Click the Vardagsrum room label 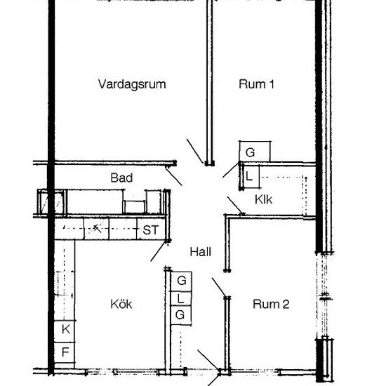(x=132, y=84)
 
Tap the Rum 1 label (x=256, y=84)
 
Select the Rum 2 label (x=271, y=304)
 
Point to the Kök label (x=121, y=304)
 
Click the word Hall (x=201, y=252)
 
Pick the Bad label (x=121, y=178)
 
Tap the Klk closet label (x=263, y=199)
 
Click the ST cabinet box (x=151, y=229)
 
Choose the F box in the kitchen (x=65, y=352)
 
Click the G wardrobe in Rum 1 (x=255, y=152)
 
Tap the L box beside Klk (x=251, y=177)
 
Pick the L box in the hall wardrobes (x=181, y=298)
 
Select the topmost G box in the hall (x=181, y=281)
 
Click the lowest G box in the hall (x=181, y=315)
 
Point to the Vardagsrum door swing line (x=195, y=151)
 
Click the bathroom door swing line (x=174, y=176)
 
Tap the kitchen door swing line (x=158, y=251)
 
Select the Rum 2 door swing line (x=219, y=287)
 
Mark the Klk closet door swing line (x=235, y=205)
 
